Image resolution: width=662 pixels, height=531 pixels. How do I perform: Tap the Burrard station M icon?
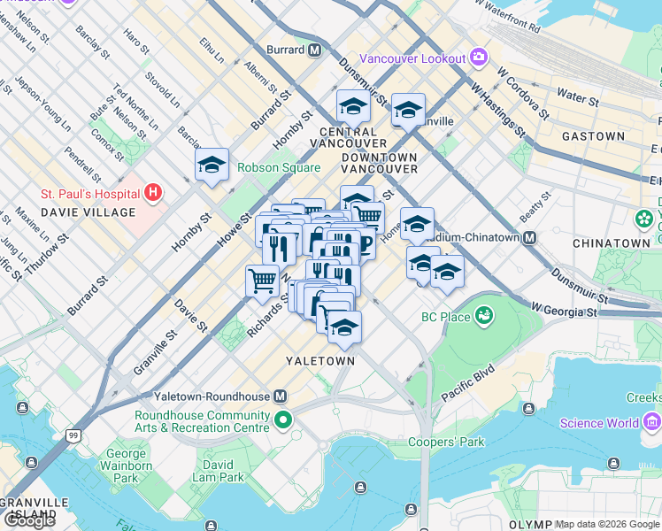[314, 50]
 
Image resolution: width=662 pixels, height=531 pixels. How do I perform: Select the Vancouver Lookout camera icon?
[479, 58]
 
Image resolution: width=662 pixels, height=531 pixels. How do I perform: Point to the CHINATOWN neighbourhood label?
[611, 242]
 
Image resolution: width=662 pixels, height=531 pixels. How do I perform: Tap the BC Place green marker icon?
[484, 314]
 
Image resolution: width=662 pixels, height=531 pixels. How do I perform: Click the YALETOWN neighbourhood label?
[320, 361]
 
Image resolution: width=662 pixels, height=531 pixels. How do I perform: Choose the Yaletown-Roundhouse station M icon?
[280, 396]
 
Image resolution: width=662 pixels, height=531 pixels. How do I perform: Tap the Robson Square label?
[278, 167]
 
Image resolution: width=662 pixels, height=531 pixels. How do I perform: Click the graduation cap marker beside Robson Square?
[212, 164]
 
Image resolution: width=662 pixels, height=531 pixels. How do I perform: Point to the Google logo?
[29, 519]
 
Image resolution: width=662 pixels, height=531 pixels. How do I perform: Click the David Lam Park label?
[219, 471]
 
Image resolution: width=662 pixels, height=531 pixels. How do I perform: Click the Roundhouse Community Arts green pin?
[283, 419]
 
